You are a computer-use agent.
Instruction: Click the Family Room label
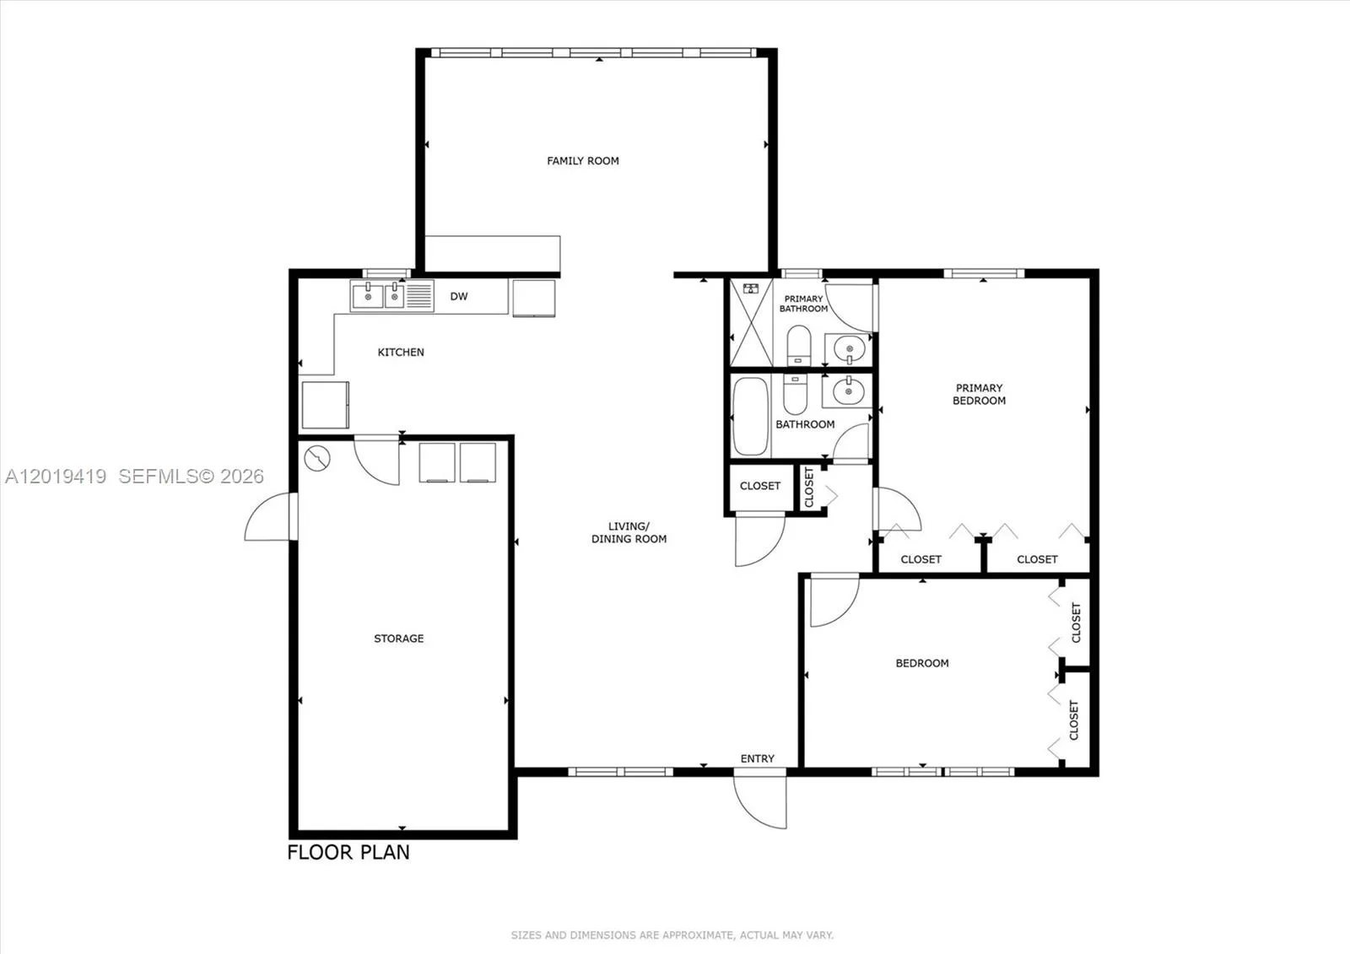(x=583, y=161)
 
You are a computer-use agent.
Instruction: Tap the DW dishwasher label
(x=459, y=296)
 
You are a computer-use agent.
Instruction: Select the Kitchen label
(x=401, y=352)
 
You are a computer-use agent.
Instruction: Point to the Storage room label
(x=398, y=639)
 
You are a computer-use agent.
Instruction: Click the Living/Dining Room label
(x=629, y=532)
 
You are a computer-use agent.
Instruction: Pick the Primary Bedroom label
(x=979, y=394)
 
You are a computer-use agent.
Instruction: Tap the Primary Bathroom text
(x=803, y=304)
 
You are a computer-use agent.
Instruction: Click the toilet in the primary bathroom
(x=798, y=345)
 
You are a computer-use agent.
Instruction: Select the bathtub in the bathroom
(x=750, y=416)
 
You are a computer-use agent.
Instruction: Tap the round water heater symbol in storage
(x=317, y=459)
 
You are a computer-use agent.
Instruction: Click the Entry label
(x=757, y=759)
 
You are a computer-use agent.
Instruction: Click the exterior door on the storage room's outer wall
(x=271, y=516)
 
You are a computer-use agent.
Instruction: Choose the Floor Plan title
(x=348, y=852)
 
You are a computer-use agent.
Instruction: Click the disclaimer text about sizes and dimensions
(x=672, y=935)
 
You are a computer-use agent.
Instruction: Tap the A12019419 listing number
(x=56, y=476)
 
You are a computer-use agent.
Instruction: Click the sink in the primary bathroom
(x=849, y=349)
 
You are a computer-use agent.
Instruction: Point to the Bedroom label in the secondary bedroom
(x=922, y=663)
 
